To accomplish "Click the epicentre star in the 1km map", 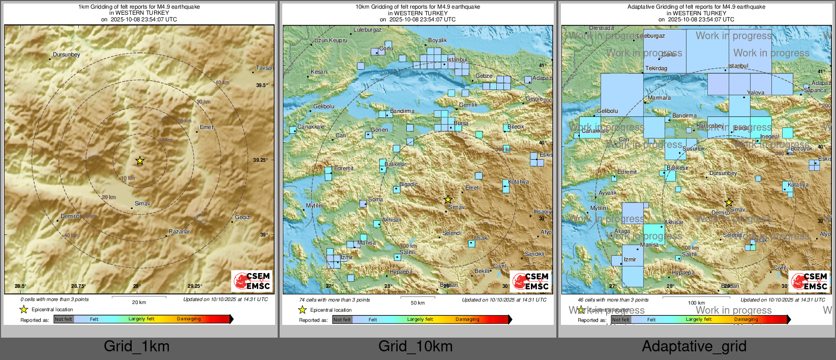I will click(x=140, y=161).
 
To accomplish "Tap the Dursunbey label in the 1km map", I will click(x=67, y=54).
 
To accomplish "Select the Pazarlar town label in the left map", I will click(x=180, y=231).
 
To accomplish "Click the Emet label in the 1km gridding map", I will click(x=206, y=127).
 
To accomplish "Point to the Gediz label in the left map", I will click(x=242, y=217).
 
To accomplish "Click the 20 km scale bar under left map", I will click(x=139, y=302).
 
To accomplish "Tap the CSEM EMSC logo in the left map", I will click(x=252, y=281).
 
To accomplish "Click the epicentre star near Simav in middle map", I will click(x=448, y=199).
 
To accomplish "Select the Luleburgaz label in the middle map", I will click(x=368, y=29).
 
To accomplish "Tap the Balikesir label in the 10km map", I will click(x=395, y=164).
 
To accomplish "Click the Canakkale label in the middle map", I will click(x=311, y=127).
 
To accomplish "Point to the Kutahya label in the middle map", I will click(x=518, y=182).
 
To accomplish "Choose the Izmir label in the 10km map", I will click(x=347, y=257).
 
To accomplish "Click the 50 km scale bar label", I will click(x=417, y=303).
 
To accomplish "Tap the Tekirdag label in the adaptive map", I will click(x=656, y=68).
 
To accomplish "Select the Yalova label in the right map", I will click(x=756, y=93).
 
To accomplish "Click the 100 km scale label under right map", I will click(x=696, y=303).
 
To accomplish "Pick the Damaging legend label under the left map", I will click(x=189, y=319).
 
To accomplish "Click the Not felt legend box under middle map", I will click(x=342, y=319).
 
